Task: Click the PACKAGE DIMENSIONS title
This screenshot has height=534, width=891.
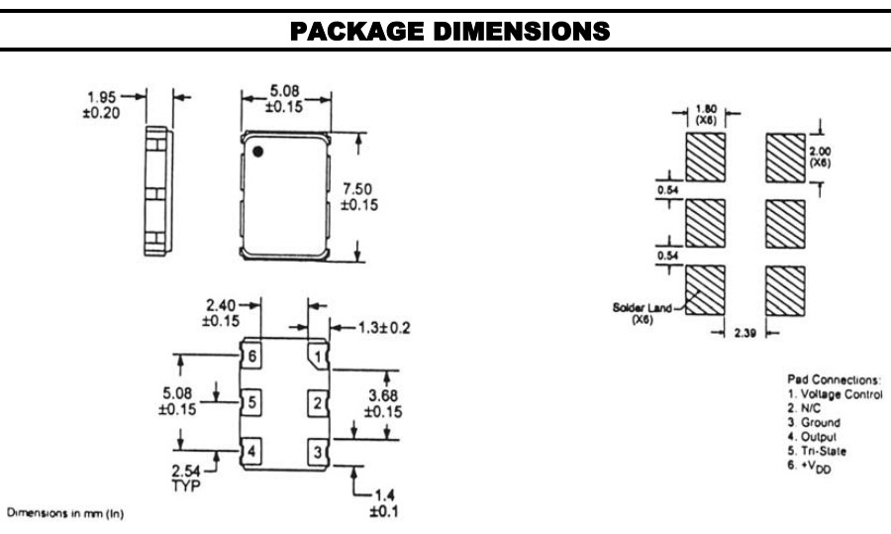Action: [x=445, y=32]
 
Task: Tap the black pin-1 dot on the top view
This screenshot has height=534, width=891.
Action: [x=256, y=152]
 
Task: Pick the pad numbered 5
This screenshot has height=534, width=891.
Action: [x=253, y=402]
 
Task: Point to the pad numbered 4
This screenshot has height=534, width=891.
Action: [x=253, y=451]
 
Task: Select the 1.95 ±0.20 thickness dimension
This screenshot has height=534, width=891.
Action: [x=101, y=104]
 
